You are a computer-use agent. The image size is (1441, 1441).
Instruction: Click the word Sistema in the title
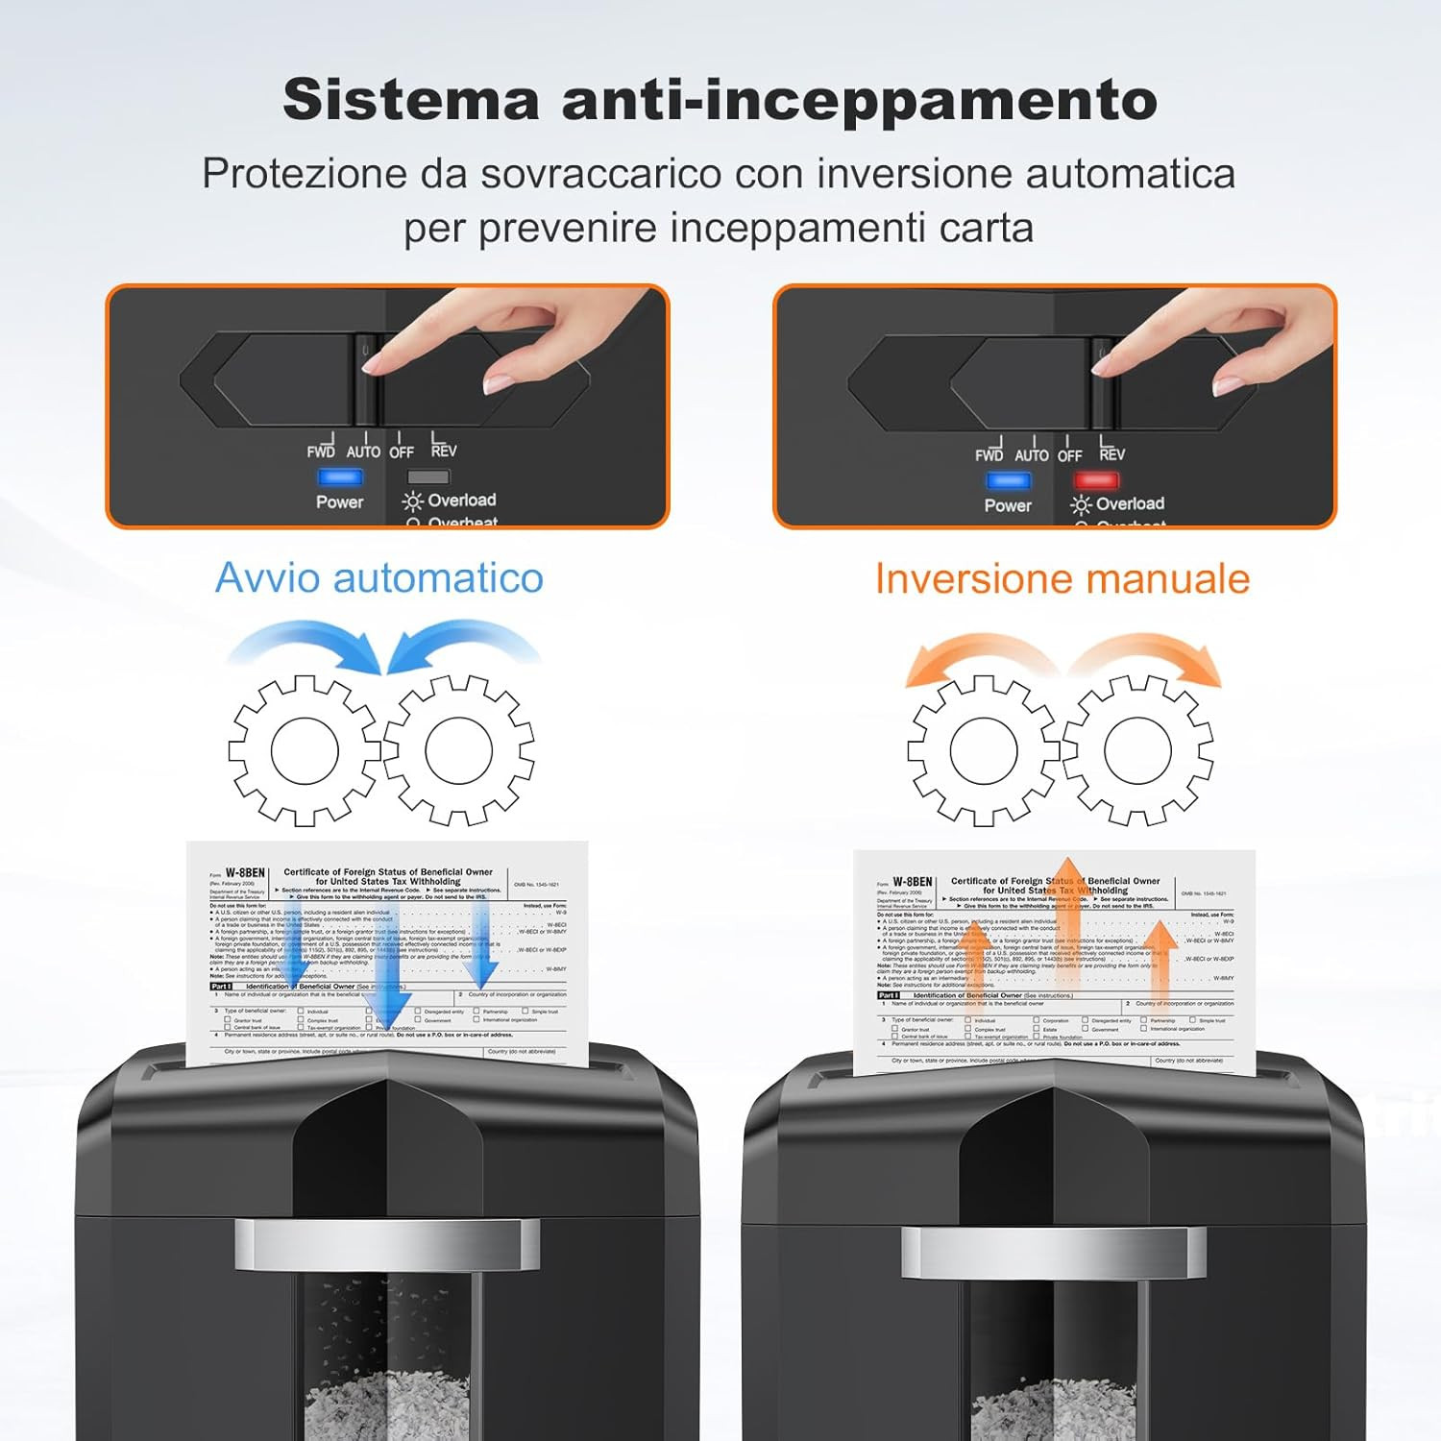click(411, 99)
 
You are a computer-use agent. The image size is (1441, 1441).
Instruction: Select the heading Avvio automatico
click(379, 577)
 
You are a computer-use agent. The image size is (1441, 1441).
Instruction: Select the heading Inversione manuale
click(1062, 579)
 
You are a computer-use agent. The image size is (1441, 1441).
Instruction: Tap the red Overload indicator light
click(1095, 479)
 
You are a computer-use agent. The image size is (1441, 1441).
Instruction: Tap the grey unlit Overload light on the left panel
click(427, 476)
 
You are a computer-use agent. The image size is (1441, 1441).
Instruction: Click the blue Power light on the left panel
click(340, 476)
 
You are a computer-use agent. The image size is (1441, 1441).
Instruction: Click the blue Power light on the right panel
click(1008, 480)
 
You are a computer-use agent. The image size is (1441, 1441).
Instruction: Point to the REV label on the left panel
click(444, 451)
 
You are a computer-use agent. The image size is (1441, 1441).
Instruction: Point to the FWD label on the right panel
click(989, 455)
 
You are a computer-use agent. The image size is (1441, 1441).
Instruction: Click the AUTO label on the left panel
click(363, 452)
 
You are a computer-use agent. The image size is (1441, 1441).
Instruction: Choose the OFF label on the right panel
click(1069, 455)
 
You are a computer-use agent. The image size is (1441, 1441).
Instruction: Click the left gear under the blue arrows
click(305, 750)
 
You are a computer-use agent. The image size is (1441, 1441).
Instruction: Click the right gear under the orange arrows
click(1137, 750)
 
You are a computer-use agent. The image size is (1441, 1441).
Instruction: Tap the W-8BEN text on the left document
click(245, 873)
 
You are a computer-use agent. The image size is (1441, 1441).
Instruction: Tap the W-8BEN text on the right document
click(912, 882)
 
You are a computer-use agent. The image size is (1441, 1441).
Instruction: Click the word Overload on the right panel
click(1130, 503)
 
